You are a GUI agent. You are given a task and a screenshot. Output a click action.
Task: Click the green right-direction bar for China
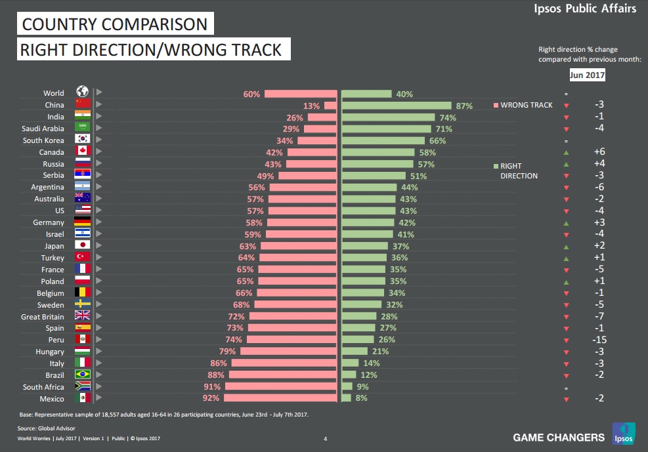pos(396,105)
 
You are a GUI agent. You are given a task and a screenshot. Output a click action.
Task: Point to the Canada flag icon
pos(82,152)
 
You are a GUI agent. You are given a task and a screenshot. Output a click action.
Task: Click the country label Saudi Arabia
pos(43,129)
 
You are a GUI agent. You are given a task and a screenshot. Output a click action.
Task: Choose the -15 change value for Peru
pos(599,340)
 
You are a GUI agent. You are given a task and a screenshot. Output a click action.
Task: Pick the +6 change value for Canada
pos(599,152)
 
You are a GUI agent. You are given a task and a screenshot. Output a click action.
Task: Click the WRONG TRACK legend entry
pos(523,105)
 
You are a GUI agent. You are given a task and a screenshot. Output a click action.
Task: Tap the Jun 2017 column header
pos(587,75)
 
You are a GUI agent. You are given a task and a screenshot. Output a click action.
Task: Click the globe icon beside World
pos(82,92)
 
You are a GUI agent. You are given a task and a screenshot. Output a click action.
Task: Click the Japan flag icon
pos(82,246)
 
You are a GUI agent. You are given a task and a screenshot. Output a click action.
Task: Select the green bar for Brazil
pos(349,375)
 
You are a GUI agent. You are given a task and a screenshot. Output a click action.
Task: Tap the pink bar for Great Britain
pos(292,316)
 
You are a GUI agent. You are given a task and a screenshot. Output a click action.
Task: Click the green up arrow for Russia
pos(566,164)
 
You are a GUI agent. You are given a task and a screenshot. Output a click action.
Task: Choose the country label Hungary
pos(50,352)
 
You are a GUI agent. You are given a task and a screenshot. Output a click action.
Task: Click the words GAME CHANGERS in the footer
pos(558,438)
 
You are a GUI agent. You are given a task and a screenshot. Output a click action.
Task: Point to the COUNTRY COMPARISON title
pos(115,25)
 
